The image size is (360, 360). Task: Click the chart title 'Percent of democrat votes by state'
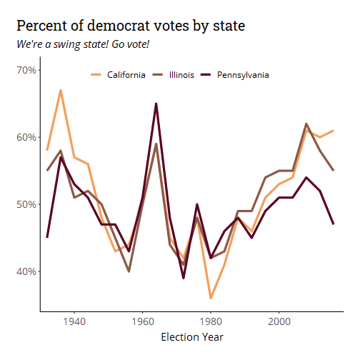pyautogui.click(x=131, y=26)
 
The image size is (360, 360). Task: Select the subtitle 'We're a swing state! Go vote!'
pyautogui.click(x=83, y=44)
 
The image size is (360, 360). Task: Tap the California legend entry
pyautogui.click(x=118, y=75)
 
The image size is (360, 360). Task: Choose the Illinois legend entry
pyautogui.click(x=173, y=75)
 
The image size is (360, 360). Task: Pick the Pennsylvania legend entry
pyautogui.click(x=235, y=75)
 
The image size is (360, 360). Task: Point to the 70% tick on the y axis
pyautogui.click(x=26, y=70)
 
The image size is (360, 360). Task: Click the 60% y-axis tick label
pyautogui.click(x=26, y=137)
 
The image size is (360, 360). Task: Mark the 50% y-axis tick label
pyautogui.click(x=26, y=204)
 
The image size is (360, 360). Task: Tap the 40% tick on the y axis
pyautogui.click(x=26, y=271)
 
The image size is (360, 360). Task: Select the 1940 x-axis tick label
pyautogui.click(x=74, y=321)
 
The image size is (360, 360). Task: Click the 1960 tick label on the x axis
pyautogui.click(x=143, y=321)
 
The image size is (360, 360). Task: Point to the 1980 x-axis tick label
pyautogui.click(x=211, y=321)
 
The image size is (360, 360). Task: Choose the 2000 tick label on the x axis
pyautogui.click(x=279, y=321)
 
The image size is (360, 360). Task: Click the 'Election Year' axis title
pyautogui.click(x=192, y=337)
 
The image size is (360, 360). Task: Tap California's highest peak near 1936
pyautogui.click(x=61, y=91)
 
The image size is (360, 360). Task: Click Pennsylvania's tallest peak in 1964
pyautogui.click(x=156, y=104)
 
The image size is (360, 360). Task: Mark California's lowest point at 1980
pyautogui.click(x=211, y=298)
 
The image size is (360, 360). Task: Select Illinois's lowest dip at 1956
pyautogui.click(x=129, y=271)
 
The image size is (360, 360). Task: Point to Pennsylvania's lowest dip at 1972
pyautogui.click(x=184, y=278)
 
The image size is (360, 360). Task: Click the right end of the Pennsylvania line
pyautogui.click(x=334, y=224)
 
